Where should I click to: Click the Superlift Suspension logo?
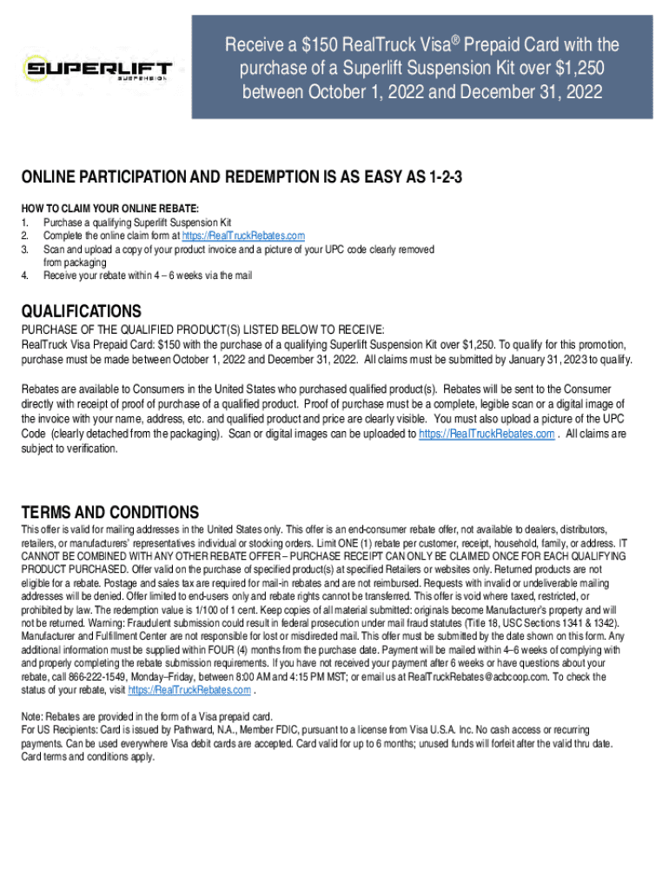[98, 68]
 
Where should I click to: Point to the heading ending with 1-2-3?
[242, 178]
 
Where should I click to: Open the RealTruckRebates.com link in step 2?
[243, 236]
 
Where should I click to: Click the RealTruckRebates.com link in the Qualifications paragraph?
[487, 435]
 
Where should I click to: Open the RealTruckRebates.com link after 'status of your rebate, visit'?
[189, 689]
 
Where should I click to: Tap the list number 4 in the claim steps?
[25, 276]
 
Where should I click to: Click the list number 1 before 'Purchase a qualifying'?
[25, 222]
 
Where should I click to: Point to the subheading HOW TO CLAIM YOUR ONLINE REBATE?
[110, 209]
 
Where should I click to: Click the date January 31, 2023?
[540, 360]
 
